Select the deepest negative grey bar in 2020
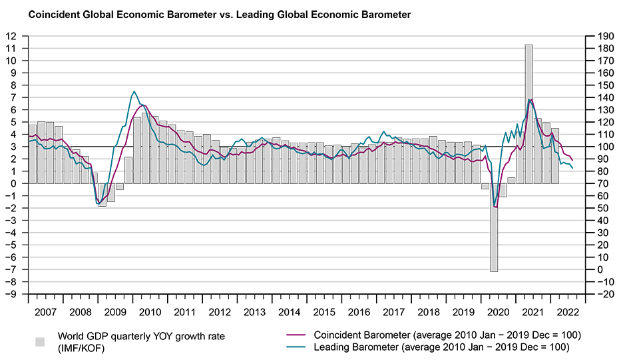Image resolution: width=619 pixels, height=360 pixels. [x=494, y=227]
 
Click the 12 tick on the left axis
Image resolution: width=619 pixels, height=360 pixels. [x=12, y=36]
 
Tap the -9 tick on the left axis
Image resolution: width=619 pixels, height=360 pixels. [x=11, y=294]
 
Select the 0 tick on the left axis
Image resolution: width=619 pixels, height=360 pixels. [x=13, y=183]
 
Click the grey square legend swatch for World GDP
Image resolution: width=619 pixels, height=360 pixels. [x=40, y=341]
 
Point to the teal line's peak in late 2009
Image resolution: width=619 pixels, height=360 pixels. [x=134, y=92]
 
